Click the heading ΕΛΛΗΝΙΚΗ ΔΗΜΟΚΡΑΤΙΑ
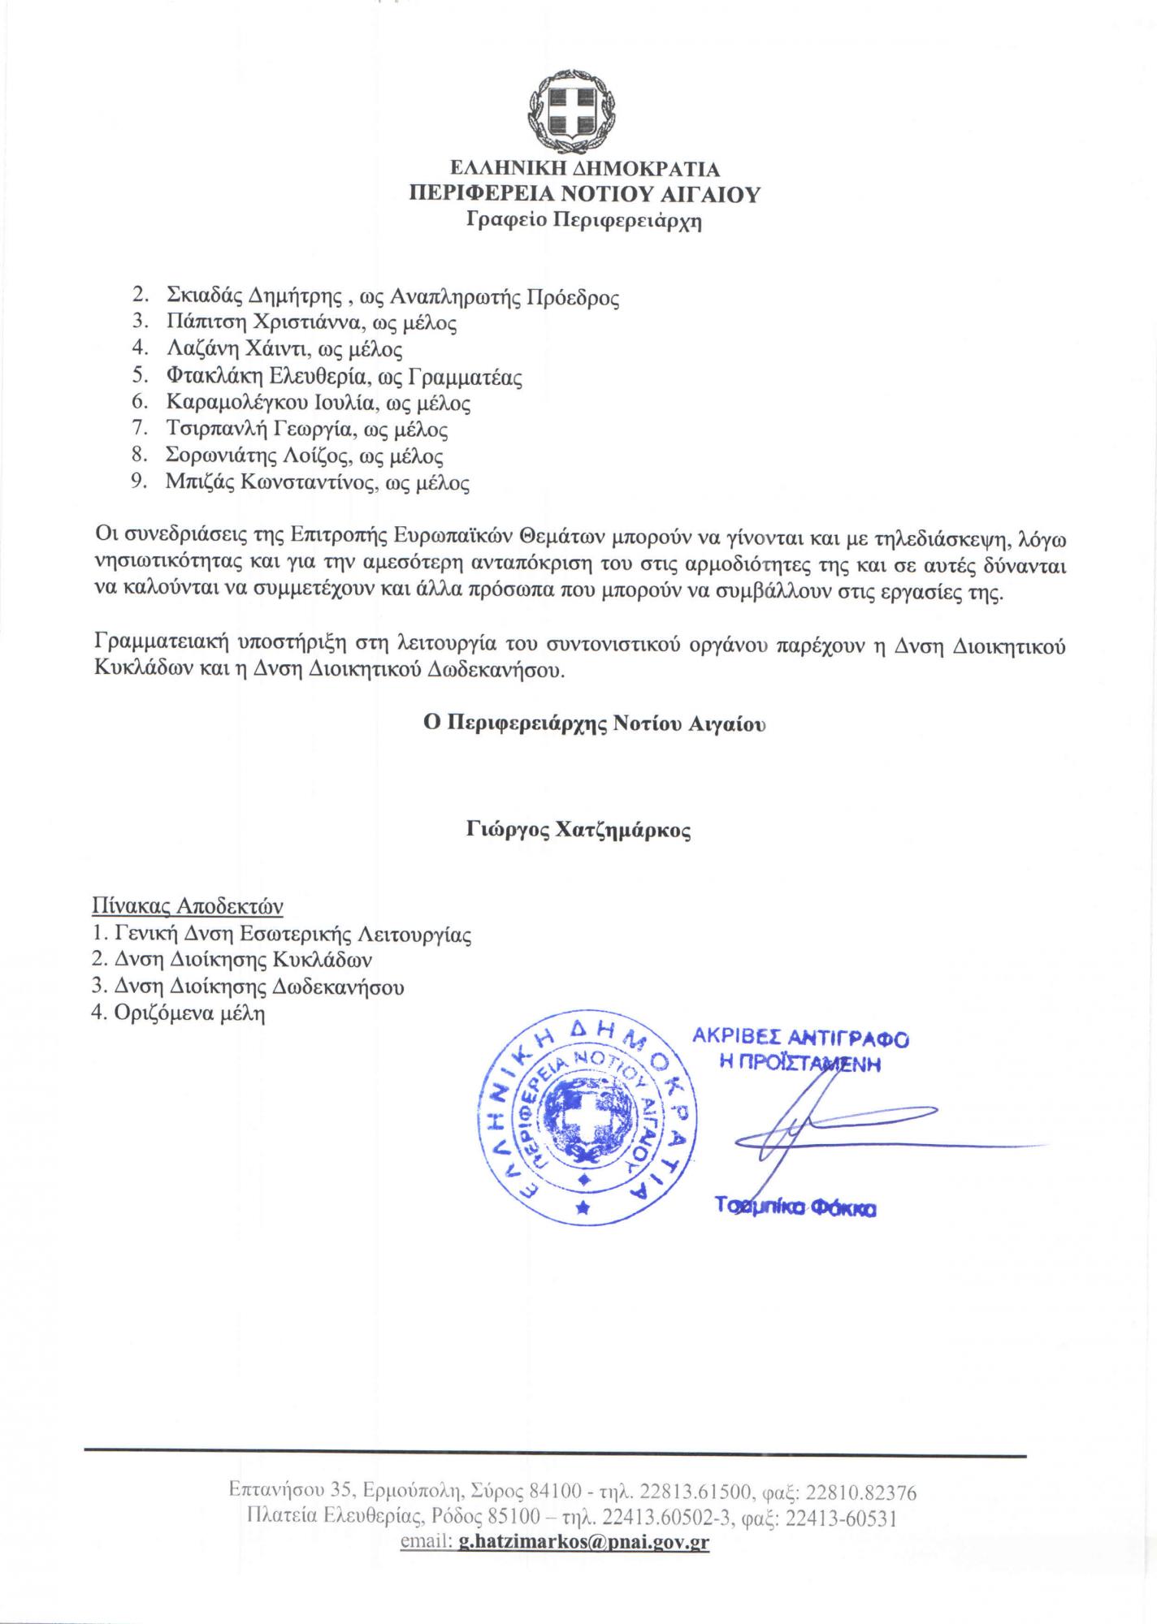tap(585, 170)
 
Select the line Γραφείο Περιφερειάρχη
tap(584, 220)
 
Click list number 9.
tap(138, 483)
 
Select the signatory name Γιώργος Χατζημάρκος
tap(578, 831)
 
